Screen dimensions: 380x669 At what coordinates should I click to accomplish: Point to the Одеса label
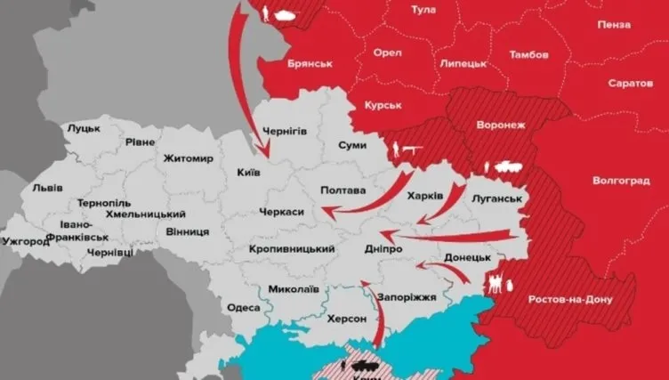coord(244,307)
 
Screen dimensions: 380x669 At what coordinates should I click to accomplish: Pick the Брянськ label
coord(310,64)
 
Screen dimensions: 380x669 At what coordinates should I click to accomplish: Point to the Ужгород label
coord(28,241)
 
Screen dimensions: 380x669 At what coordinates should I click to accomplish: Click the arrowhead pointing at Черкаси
coord(326,212)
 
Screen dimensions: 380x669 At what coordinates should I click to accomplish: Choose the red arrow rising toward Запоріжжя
coord(375,311)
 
